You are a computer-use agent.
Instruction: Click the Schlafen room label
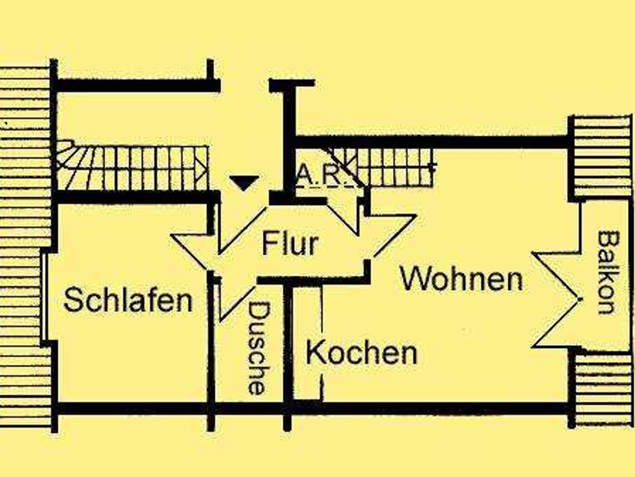coord(128,300)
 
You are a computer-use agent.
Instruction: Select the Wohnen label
coord(462,279)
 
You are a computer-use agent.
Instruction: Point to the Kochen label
coord(362,353)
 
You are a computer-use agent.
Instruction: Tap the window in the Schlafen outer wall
coord(45,297)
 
